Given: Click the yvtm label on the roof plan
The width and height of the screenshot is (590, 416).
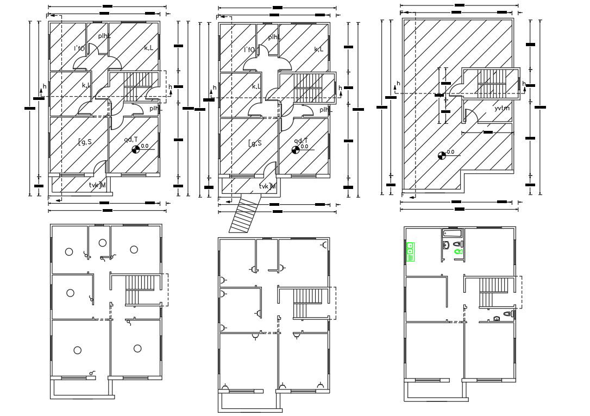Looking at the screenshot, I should click(501, 109).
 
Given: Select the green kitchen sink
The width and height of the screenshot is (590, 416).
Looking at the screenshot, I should click(411, 252).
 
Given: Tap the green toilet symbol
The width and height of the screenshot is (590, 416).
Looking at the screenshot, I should click(457, 251).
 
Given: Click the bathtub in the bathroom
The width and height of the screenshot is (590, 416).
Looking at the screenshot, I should click(452, 234).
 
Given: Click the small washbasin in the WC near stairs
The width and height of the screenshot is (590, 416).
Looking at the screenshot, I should click(496, 319).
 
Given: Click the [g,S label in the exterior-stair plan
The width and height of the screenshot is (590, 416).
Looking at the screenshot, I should click(255, 143).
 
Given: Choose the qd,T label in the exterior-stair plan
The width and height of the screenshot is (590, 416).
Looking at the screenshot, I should click(300, 140).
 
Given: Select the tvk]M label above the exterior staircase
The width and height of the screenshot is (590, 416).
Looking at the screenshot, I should click(267, 186).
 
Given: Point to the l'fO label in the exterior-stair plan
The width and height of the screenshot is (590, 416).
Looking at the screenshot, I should click(249, 50).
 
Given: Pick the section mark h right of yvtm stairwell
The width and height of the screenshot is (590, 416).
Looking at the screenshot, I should click(524, 84).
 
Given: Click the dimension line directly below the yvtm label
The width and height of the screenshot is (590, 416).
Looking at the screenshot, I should click(487, 132).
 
